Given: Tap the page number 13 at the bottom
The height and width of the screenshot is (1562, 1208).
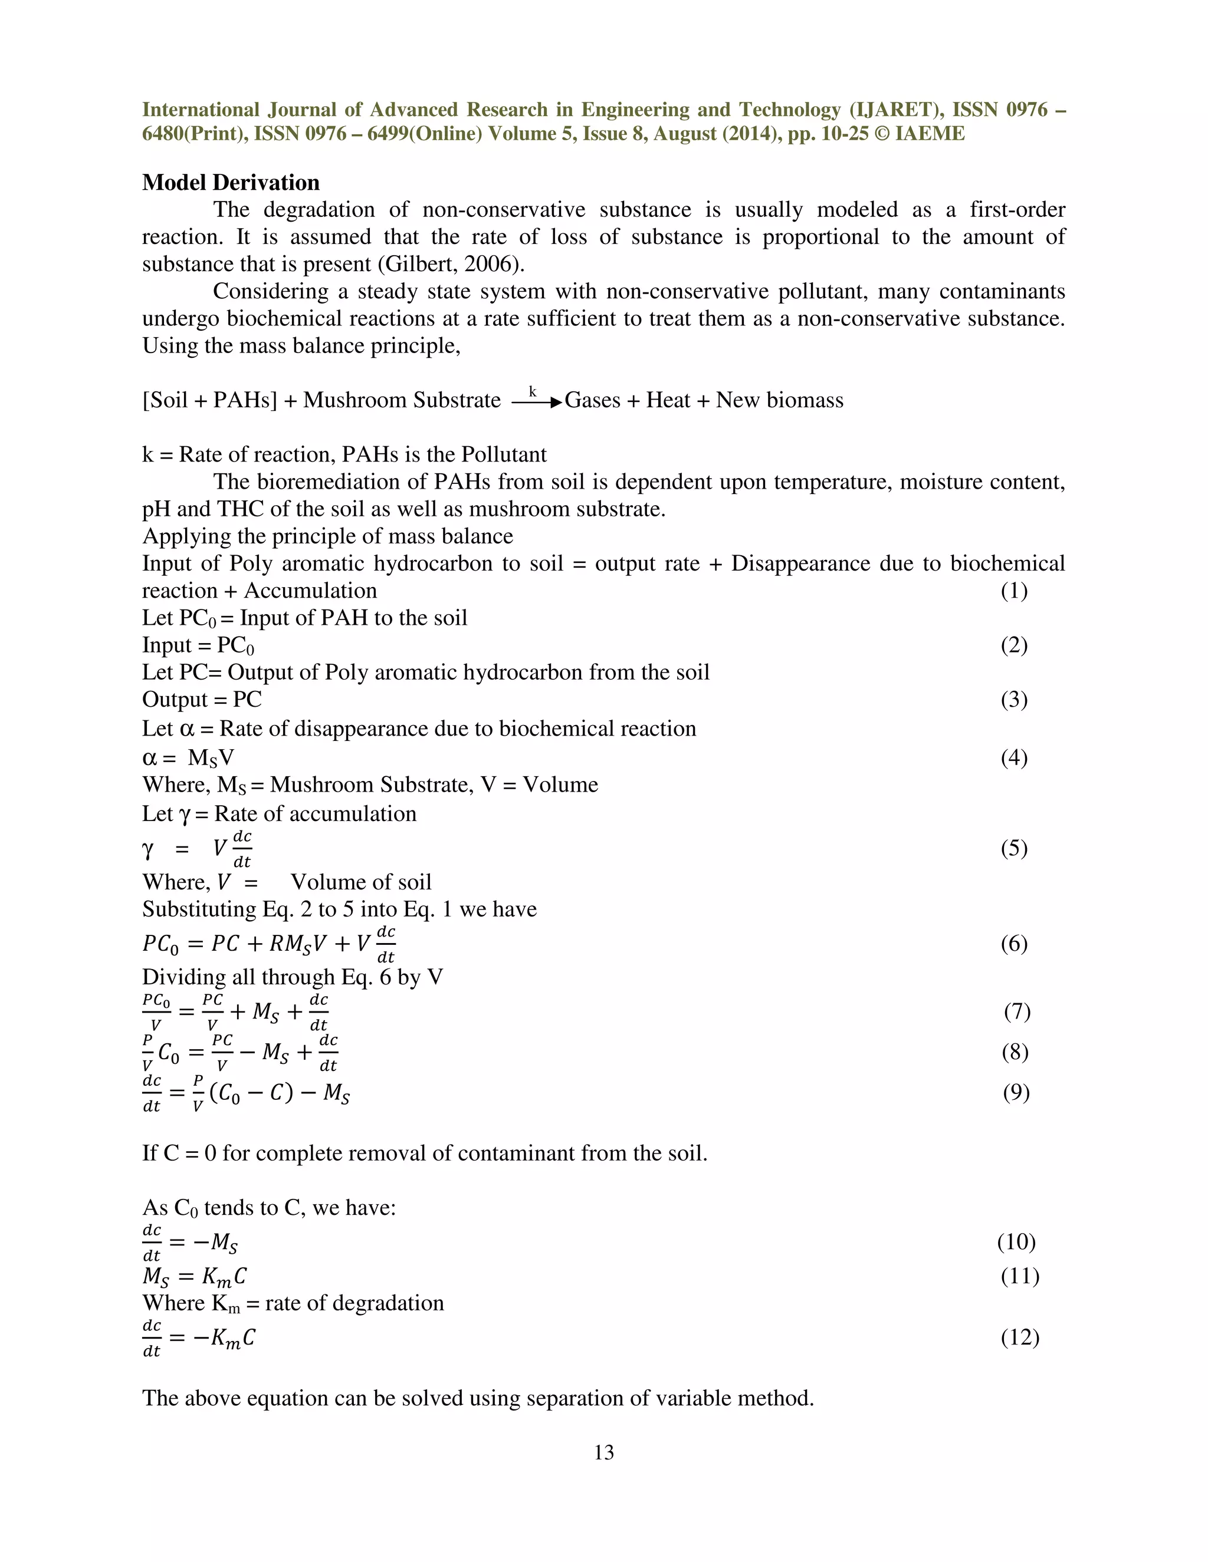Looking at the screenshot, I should coord(603,1452).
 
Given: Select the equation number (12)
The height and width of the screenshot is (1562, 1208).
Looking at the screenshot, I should coord(1019,1337).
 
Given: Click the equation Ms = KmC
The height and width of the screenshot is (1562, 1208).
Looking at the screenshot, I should coord(195,1277).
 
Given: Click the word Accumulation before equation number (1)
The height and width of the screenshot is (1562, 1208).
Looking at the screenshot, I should coord(310,591).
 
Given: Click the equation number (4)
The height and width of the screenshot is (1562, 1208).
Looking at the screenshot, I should coord(1013,757).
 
